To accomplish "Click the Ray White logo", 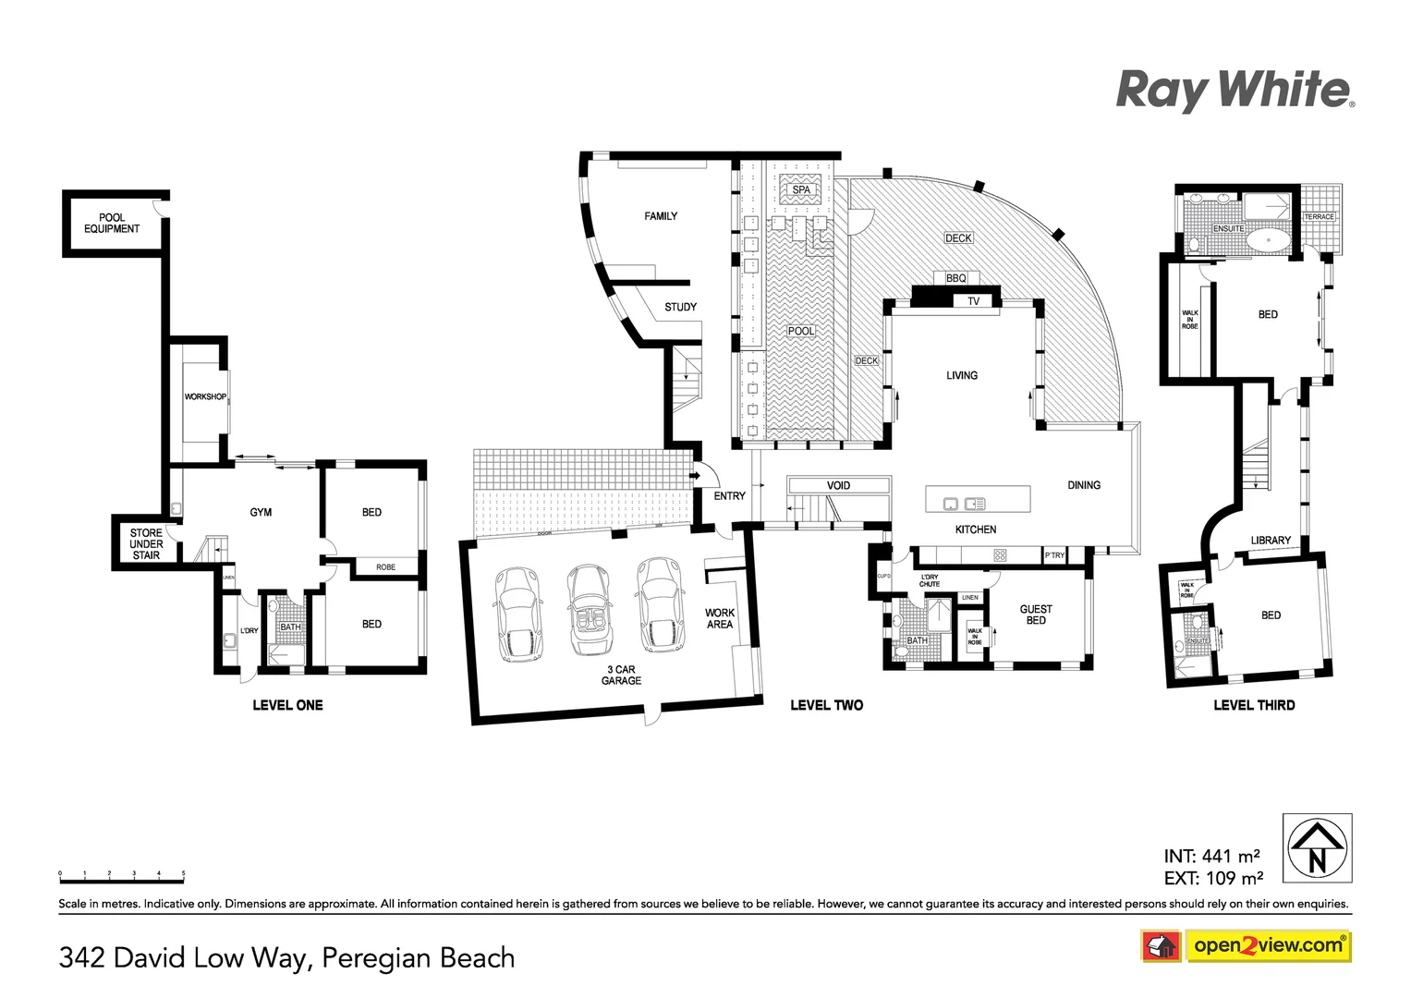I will tap(1235, 91).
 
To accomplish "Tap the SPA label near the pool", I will tap(801, 189).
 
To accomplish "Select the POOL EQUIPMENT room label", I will tap(112, 224).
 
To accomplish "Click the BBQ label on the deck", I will tap(955, 278).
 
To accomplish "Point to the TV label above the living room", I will tap(973, 301).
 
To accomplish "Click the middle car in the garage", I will tap(588, 609).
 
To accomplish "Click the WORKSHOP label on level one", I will tap(205, 396).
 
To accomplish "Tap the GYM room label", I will tap(261, 512).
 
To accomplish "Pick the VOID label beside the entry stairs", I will tap(838, 485).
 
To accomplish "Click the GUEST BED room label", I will tap(1036, 615).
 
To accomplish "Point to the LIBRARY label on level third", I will tap(1271, 541).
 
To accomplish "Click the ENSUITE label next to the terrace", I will tap(1228, 228).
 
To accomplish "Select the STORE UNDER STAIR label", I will tap(146, 544).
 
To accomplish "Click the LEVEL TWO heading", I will tap(826, 705).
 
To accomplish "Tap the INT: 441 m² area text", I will tap(1211, 857).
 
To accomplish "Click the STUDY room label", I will tap(680, 307).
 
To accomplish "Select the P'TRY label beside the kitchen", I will tap(1054, 555).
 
